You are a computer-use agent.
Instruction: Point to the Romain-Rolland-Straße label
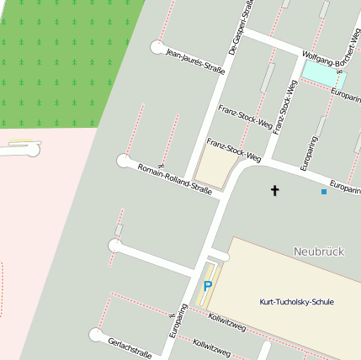point(174,177)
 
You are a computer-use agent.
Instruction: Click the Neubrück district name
point(319,251)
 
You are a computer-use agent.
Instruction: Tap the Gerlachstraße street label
point(130,347)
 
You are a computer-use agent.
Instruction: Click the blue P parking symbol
point(207,286)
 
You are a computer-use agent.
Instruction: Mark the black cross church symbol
point(274,191)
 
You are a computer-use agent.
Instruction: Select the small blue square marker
point(324,192)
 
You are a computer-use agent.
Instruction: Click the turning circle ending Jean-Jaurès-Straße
point(157,47)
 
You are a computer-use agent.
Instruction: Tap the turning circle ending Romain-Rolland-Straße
point(124,160)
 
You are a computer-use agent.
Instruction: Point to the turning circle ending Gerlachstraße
point(96,336)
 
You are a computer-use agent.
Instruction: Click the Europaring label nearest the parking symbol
point(178,321)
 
